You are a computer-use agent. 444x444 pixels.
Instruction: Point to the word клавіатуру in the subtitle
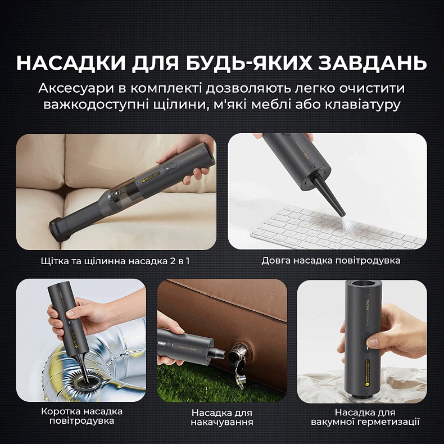pos(363,105)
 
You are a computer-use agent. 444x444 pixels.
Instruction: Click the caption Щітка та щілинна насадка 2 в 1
pos(116,261)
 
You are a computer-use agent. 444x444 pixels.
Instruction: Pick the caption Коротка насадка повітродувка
pos(81,416)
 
